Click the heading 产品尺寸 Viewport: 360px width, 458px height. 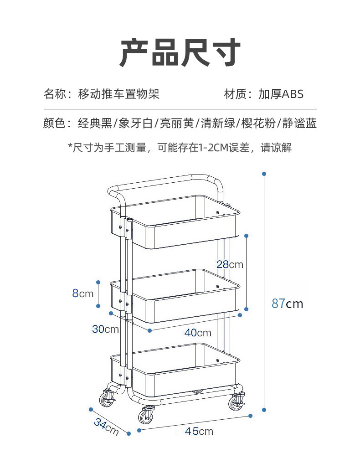pos(180,53)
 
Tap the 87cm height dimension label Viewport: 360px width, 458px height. pos(287,303)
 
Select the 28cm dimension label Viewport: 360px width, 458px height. pos(230,264)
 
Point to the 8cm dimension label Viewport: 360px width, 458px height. pos(82,293)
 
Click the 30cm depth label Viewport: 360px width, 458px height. pos(105,329)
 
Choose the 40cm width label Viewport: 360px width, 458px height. pos(198,333)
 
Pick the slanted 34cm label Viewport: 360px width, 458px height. pos(106,427)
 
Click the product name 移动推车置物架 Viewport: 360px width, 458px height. pos(119,94)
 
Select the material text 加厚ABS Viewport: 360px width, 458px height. pos(281,94)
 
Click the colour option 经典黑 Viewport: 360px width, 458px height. pos(95,123)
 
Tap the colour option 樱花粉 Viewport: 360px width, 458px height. pos(257,123)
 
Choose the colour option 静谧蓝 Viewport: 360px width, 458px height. pos(299,123)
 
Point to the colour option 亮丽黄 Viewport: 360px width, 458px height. pos(176,123)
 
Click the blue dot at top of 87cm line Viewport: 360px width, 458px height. pos(264,174)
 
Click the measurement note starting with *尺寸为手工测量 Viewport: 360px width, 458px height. pos(180,148)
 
